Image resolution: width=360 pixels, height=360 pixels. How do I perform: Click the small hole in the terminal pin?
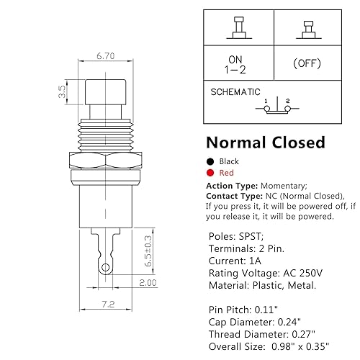(x=106, y=269)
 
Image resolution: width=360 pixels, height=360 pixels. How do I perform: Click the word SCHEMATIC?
(x=234, y=92)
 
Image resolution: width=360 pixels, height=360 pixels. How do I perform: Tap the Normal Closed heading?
(x=266, y=143)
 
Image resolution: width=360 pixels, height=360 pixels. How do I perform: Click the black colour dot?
(x=210, y=162)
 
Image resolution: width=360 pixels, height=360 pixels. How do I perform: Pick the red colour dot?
(x=210, y=174)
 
